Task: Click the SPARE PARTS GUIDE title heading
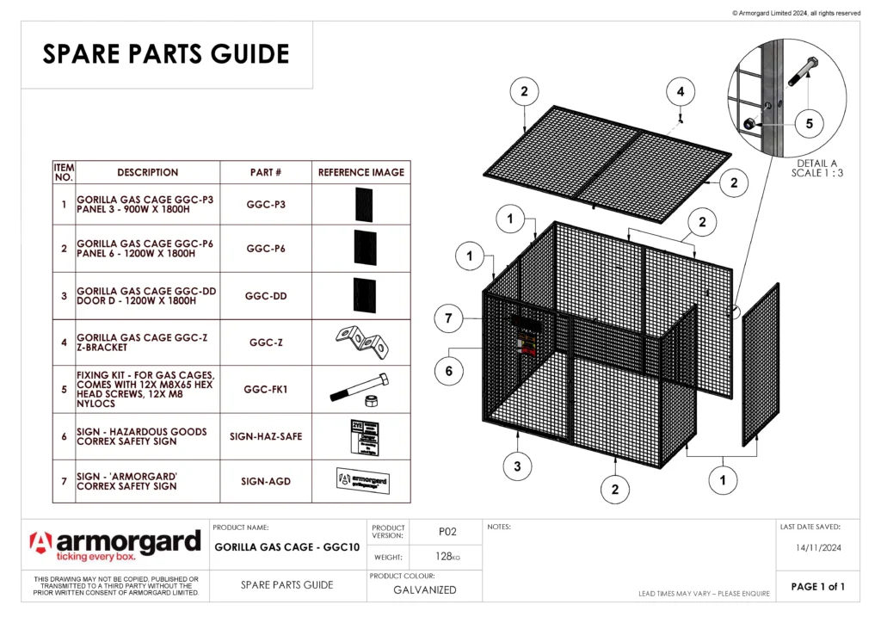tap(166, 54)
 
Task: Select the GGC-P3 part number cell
tap(265, 205)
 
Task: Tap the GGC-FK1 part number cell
tap(265, 389)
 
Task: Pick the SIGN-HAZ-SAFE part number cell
tap(265, 436)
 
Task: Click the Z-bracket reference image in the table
tap(361, 342)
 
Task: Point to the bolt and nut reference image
tap(361, 390)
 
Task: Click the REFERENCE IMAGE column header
tap(361, 172)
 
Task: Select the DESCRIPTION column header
tap(148, 172)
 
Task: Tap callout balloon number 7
tap(448, 319)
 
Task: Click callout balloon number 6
tap(448, 372)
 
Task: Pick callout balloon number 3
tap(517, 466)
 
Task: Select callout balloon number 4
tap(681, 91)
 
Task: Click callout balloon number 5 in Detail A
tap(809, 124)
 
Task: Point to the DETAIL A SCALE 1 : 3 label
tap(816, 168)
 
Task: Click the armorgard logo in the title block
tap(115, 546)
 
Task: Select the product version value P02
tap(446, 532)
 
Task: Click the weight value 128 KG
tap(446, 557)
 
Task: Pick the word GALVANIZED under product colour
tap(425, 590)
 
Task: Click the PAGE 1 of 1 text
tap(818, 587)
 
